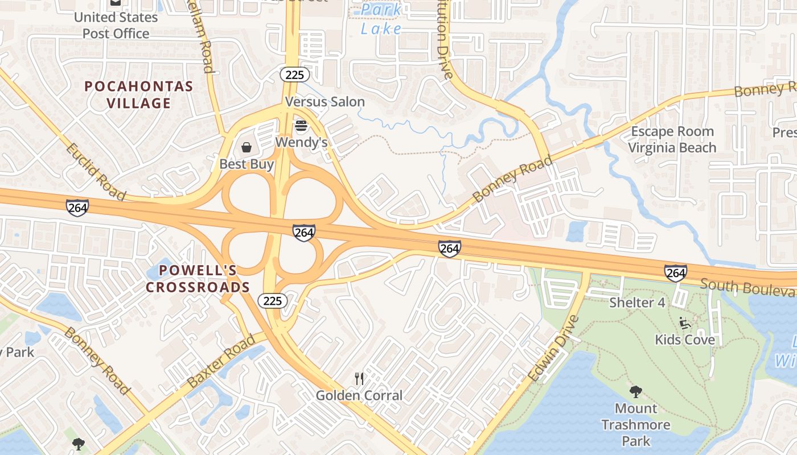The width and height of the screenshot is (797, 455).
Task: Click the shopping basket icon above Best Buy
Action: [247, 148]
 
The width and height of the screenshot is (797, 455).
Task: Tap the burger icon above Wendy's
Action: [301, 126]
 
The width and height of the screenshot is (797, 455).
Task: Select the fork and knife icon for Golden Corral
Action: [359, 378]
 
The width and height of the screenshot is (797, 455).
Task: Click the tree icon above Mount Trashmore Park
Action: [635, 392]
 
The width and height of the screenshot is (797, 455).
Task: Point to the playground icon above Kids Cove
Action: [685, 323]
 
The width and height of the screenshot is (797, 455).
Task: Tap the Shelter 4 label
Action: [636, 302]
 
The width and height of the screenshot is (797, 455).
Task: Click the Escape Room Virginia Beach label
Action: [672, 139]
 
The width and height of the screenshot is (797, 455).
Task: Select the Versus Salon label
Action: [324, 102]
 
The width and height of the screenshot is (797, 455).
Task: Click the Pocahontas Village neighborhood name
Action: [138, 95]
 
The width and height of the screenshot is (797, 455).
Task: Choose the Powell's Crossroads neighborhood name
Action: [198, 278]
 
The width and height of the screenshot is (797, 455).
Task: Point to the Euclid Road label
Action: [95, 171]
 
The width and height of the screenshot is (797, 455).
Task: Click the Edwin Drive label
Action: [553, 348]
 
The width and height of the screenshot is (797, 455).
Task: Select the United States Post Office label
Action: [116, 25]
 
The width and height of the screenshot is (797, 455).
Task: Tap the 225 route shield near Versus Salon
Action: [294, 75]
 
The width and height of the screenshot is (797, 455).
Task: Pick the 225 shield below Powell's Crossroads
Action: [273, 301]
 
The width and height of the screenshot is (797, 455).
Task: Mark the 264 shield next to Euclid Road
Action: [77, 208]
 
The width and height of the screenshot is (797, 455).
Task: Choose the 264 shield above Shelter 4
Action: [675, 273]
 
